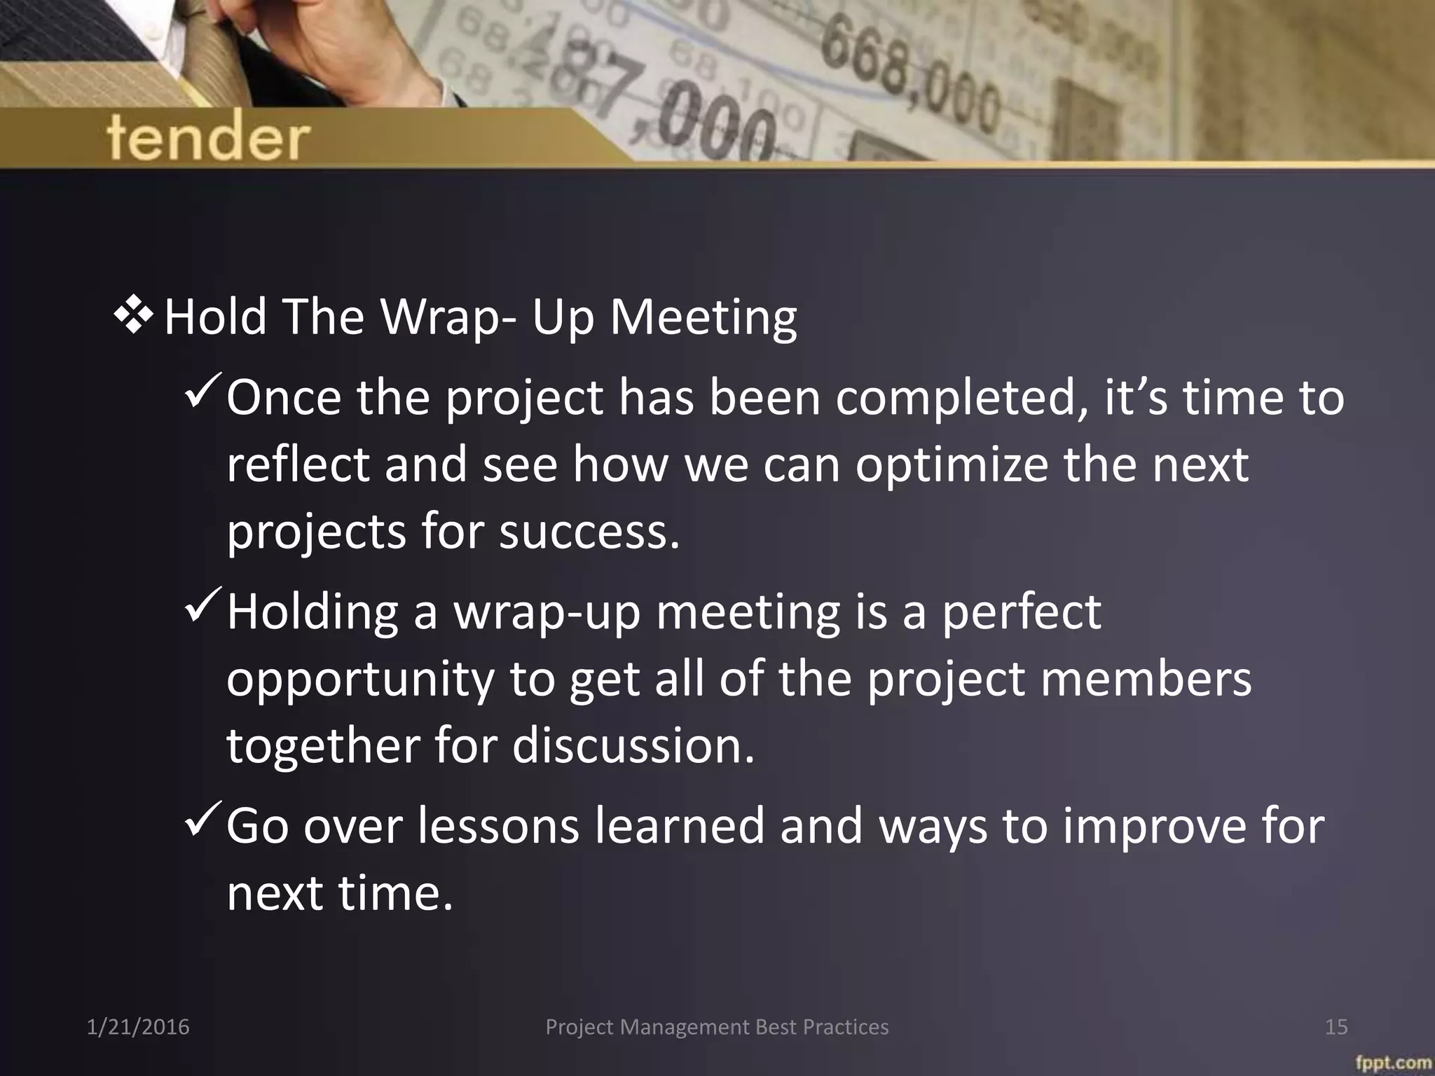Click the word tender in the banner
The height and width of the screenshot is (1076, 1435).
[x=208, y=138]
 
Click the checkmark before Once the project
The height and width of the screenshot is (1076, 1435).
[x=204, y=394]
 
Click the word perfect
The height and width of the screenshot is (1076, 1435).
[x=1021, y=612]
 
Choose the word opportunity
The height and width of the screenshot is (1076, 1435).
[x=361, y=680]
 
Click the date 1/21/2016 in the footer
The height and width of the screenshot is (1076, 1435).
[x=138, y=1027]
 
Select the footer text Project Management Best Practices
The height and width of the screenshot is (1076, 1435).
[x=717, y=1027]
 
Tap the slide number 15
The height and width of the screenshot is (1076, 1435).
[x=1336, y=1027]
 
